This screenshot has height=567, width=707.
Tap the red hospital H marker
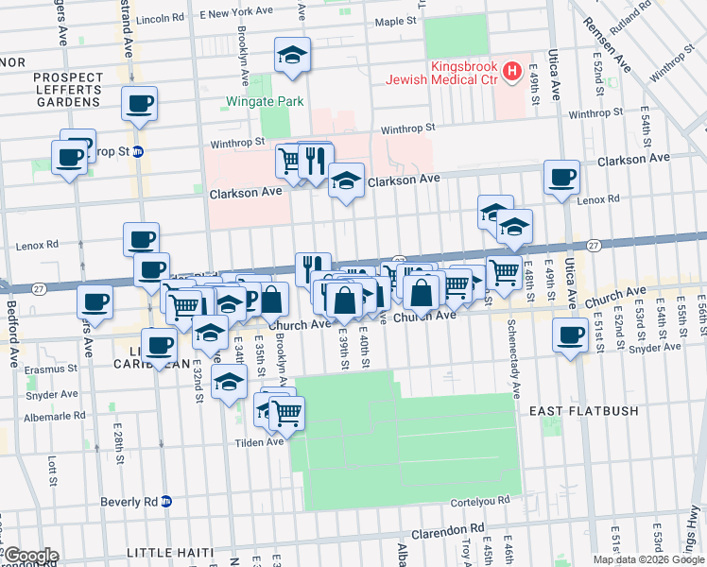(511, 70)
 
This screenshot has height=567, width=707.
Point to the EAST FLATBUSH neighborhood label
(583, 411)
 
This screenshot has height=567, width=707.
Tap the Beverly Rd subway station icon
(166, 501)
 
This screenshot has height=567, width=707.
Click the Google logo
(30, 556)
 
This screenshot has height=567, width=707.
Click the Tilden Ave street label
(260, 441)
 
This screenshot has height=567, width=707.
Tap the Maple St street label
(396, 21)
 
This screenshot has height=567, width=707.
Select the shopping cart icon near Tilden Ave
(286, 412)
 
